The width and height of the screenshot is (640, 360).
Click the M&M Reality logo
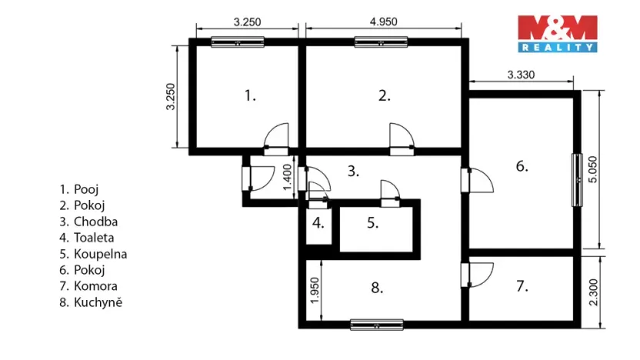click(558, 33)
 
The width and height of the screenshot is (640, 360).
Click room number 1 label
click(249, 96)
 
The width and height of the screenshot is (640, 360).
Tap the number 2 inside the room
click(385, 96)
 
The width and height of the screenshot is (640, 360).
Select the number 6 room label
click(522, 166)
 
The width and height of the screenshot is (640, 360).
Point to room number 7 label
click(522, 287)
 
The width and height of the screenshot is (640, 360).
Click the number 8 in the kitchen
click(376, 288)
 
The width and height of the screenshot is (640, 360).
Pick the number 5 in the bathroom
click(372, 224)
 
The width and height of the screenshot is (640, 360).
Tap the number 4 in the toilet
click(318, 225)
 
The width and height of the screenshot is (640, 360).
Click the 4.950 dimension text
click(383, 22)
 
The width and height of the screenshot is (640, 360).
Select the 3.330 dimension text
click(521, 75)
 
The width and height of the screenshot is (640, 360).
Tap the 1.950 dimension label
click(313, 290)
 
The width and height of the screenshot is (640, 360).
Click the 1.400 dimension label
click(287, 178)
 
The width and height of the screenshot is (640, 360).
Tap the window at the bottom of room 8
click(376, 325)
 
